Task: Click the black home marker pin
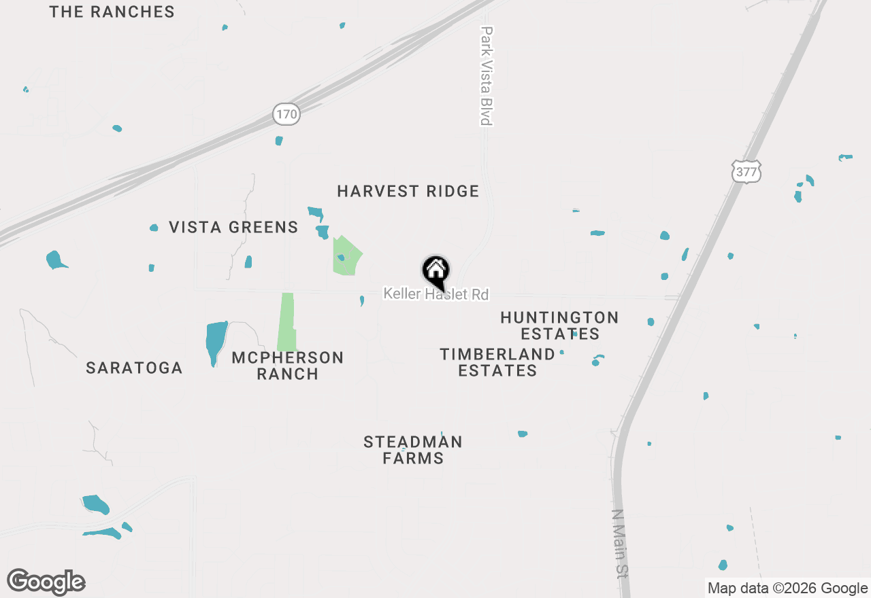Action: click(x=436, y=272)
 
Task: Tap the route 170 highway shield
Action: click(x=286, y=114)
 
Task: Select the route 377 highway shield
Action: click(x=746, y=172)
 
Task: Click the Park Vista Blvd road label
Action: click(x=486, y=75)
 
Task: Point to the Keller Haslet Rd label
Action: click(x=436, y=294)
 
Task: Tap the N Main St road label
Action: click(x=619, y=543)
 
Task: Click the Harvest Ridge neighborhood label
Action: click(x=408, y=192)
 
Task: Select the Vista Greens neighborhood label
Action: click(x=233, y=228)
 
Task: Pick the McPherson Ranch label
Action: click(x=287, y=366)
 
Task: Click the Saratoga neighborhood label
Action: click(x=134, y=368)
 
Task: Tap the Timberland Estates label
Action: click(x=497, y=362)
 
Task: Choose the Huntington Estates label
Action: click(x=559, y=326)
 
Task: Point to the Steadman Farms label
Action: click(x=413, y=450)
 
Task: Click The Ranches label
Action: click(x=112, y=12)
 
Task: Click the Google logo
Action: click(x=46, y=582)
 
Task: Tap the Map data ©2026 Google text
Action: click(x=787, y=588)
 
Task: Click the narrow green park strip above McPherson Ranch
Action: click(x=287, y=322)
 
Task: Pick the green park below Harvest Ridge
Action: click(x=346, y=257)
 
